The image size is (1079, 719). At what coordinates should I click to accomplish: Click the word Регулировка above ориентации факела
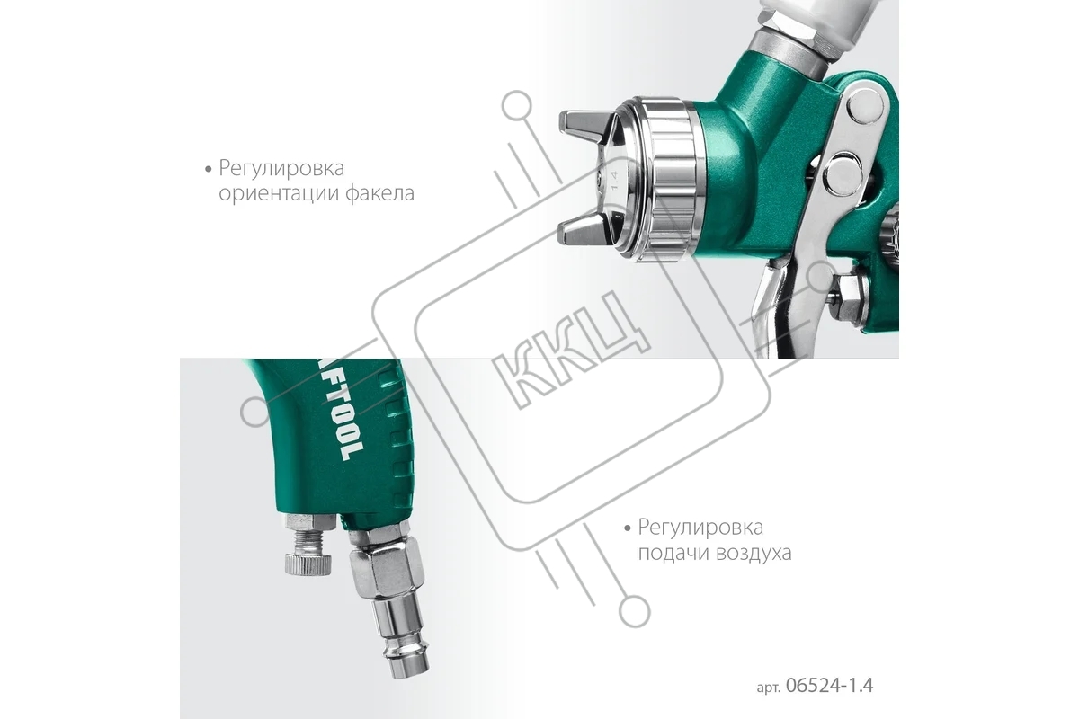281,169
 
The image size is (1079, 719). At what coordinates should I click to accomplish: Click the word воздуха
754,553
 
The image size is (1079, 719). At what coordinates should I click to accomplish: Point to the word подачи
673,553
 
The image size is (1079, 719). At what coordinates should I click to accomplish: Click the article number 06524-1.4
829,685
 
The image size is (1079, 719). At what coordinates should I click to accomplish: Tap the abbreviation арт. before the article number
769,688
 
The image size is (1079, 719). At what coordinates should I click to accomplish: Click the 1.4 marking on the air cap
614,180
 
